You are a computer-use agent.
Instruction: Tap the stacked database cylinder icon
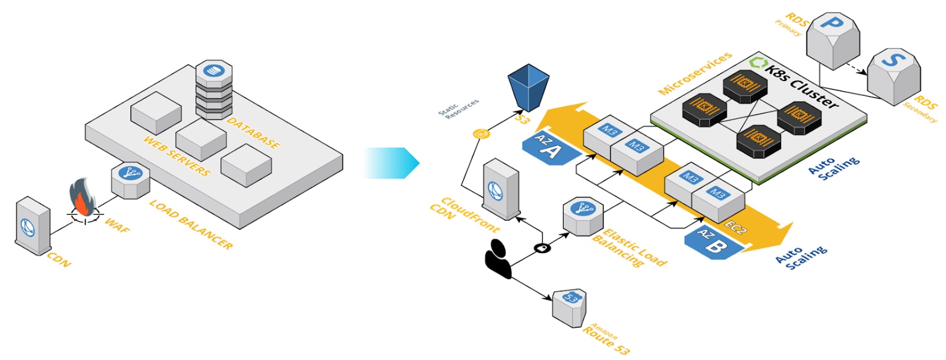pos(214,89)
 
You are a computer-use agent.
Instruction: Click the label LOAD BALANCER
pos(190,224)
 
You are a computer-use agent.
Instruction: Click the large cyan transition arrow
pos(391,163)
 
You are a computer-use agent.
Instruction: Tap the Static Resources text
pos(458,109)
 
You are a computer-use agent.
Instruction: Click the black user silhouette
pos(498,259)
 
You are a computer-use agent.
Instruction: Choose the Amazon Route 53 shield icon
pos(569,307)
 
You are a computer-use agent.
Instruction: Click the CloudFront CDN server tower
pos(501,190)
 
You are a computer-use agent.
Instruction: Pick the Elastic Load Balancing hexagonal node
pos(582,215)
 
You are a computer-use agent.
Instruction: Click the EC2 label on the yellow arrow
pos(736,228)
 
